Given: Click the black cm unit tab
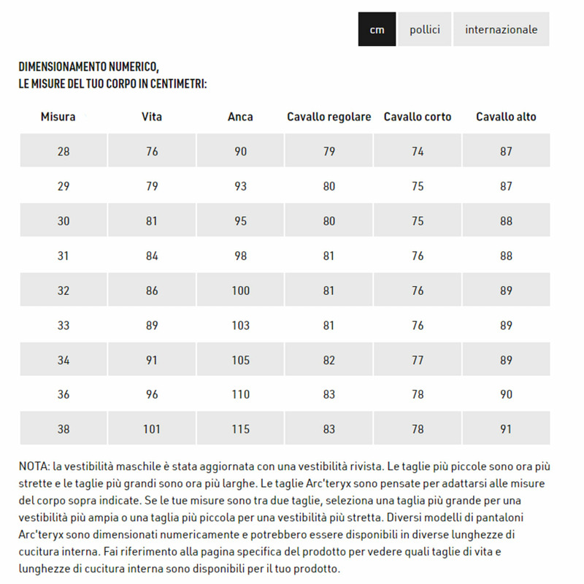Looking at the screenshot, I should coord(377,29).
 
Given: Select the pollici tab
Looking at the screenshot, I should coord(425,29).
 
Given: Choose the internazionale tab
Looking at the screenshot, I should coord(501,29).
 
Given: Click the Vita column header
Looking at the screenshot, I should coord(152,117).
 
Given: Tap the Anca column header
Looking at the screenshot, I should coord(240,117).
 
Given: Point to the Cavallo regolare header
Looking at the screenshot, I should coord(329,117).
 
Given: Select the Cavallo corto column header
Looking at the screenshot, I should coord(418,117).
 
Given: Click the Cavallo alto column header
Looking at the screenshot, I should coord(506,117).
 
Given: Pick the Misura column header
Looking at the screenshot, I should coord(58,117).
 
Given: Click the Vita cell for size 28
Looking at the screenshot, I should coord(152,152).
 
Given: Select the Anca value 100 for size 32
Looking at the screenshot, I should coord(240,291).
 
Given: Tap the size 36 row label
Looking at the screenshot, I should coord(64,394).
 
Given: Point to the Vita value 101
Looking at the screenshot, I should coord(152,429).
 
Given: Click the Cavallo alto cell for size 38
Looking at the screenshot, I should coord(506,429).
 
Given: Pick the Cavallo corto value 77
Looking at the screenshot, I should coord(418,360).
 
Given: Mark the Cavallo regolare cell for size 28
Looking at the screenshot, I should coord(329,152).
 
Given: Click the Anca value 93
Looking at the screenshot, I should coord(240,186).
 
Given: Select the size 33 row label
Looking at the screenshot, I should coord(64,326).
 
